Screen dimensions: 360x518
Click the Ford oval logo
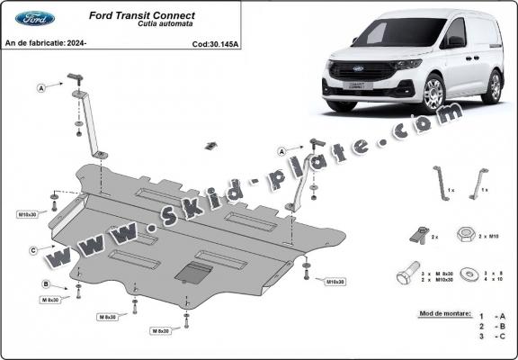(35, 18)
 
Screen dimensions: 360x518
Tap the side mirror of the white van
(456, 41)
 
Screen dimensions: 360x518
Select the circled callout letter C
(33, 249)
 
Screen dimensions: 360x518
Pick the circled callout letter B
(46, 284)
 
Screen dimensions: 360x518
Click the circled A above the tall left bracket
(41, 88)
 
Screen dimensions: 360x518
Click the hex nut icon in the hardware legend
(465, 234)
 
